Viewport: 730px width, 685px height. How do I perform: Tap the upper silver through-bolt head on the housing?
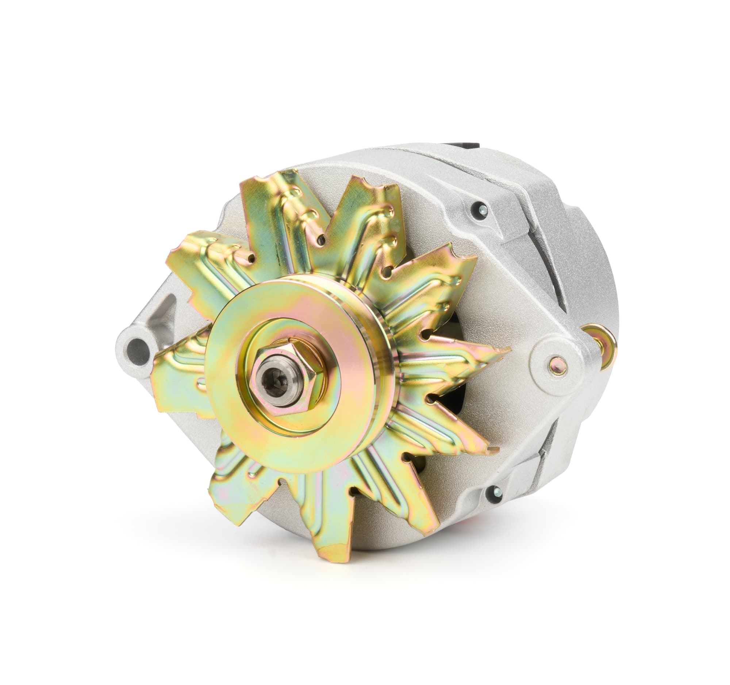pos(482,210)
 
